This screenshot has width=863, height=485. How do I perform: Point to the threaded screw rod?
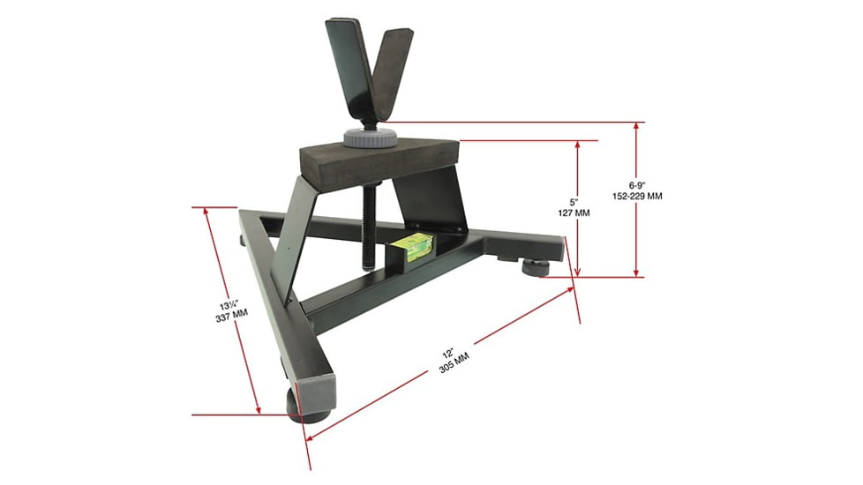(369, 220)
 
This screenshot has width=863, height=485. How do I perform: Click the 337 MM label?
(230, 319)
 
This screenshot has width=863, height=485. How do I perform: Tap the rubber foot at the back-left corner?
(243, 237)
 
